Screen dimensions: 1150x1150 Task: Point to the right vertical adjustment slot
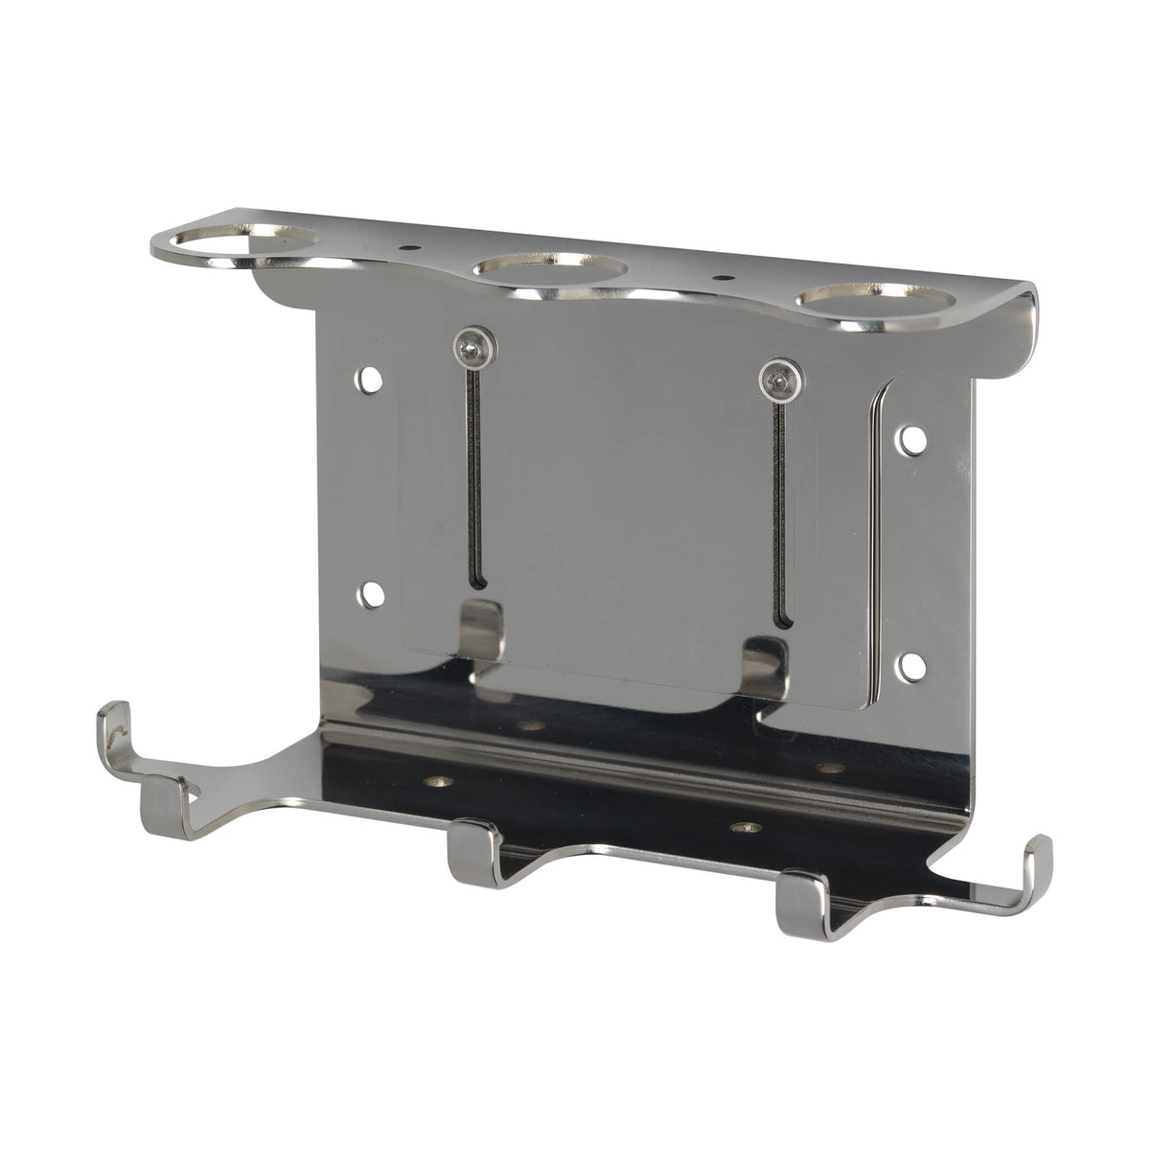[x=779, y=508]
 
